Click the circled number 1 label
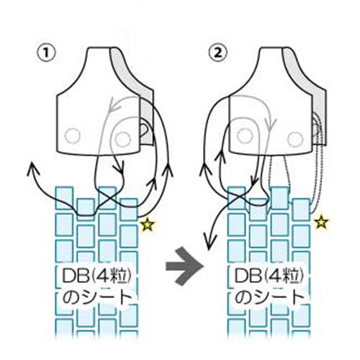(46, 53)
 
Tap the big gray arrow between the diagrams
(185, 266)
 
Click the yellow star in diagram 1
(148, 225)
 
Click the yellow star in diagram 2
(321, 222)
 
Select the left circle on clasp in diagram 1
(73, 137)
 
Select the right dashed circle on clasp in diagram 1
(123, 139)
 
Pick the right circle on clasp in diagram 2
(295, 139)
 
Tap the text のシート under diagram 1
(97, 297)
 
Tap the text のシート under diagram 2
(269, 297)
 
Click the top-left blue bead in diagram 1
(64, 198)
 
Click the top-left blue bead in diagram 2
(236, 198)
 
